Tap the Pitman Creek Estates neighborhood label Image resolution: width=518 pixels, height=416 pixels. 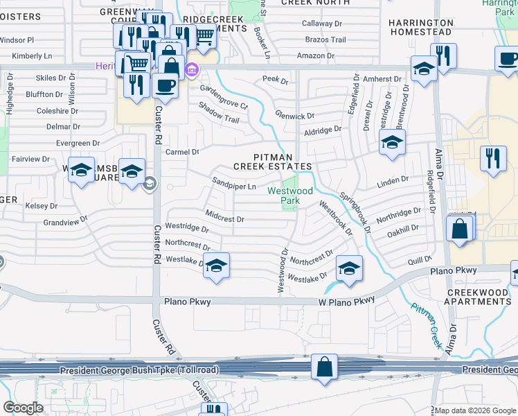pos(272,162)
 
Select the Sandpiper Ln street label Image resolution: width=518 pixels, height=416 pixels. pos(234,184)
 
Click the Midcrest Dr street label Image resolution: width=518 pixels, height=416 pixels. pos(224,216)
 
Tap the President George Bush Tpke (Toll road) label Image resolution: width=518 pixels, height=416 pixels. pos(139,370)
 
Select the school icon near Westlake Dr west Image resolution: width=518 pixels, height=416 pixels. pos(216,266)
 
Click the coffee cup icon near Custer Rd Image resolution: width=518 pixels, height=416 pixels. pos(165,86)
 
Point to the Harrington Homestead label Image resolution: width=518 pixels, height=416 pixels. pos(421,27)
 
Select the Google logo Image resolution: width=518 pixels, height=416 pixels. pos(24,408)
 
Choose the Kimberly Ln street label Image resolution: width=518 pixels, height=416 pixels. pos(33,55)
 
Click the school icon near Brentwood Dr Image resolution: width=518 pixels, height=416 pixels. pos(392,143)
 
